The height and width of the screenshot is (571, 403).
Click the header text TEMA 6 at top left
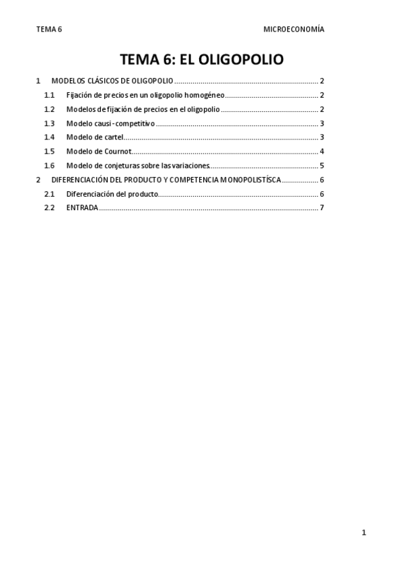48,30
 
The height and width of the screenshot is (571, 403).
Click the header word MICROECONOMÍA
293,30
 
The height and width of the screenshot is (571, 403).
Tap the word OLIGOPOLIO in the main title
239,59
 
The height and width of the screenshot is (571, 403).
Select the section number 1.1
49,95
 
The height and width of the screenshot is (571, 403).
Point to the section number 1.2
49,109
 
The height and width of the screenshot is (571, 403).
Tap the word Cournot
118,152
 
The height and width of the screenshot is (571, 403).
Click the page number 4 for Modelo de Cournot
323,152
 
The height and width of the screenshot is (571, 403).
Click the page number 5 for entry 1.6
323,166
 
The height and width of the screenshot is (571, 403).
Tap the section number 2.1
49,194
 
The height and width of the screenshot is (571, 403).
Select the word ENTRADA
82,207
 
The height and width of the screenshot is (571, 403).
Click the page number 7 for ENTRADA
323,207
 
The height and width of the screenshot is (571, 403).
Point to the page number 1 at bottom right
364,533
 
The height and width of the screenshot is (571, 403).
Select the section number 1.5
49,152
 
